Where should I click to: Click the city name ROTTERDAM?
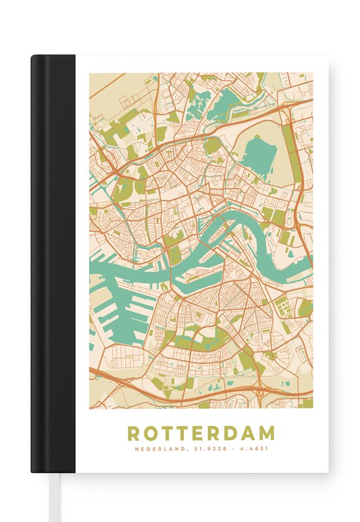click(x=201, y=434)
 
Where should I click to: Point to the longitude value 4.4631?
click(x=253, y=449)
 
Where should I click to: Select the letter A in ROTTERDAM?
click(x=249, y=434)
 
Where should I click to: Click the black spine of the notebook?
click(x=53, y=262)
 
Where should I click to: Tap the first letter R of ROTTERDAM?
click(x=134, y=434)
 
